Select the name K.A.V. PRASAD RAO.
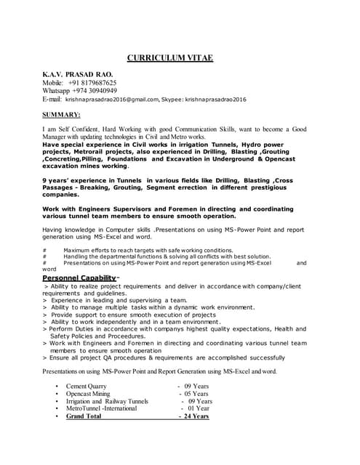(77, 74)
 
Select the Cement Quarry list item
(86, 385)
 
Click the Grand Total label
(84, 416)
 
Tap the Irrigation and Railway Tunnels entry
(107, 401)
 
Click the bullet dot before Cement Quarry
(57, 385)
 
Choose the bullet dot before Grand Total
(57, 416)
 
